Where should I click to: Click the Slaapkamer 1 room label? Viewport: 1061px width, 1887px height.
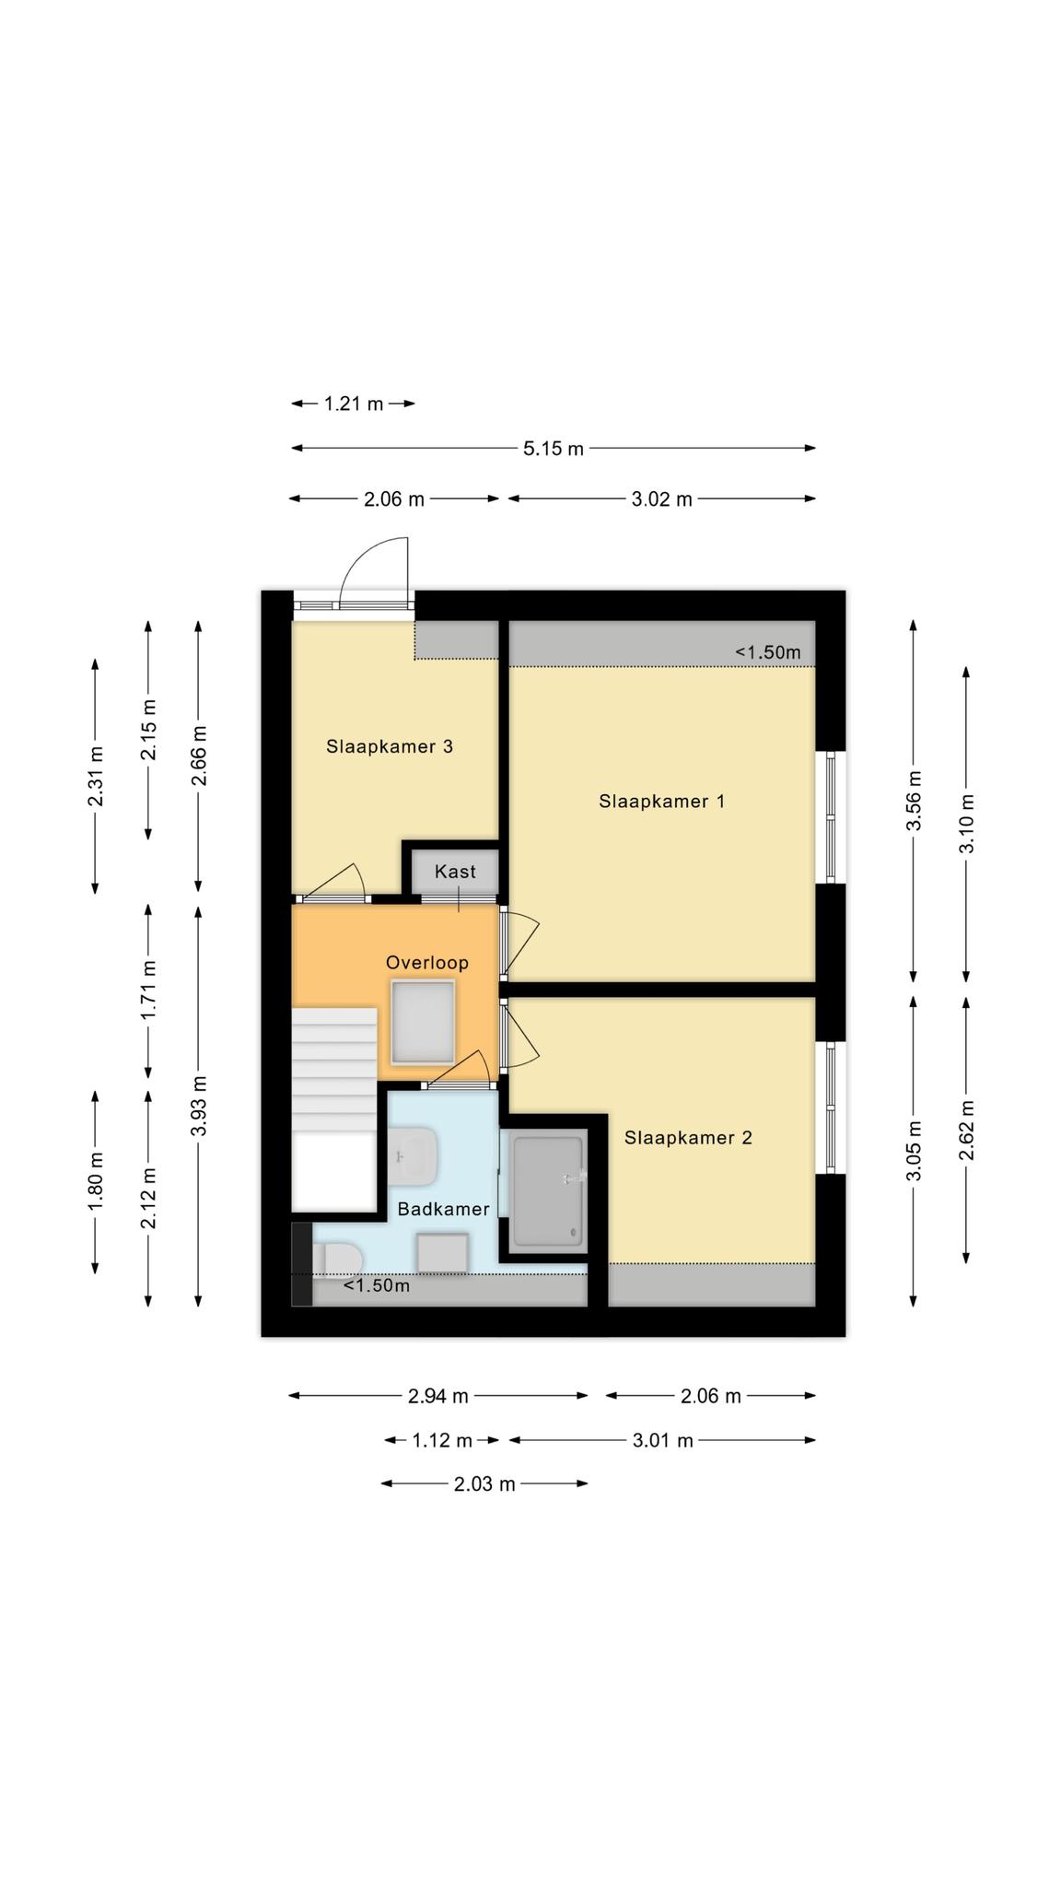(661, 802)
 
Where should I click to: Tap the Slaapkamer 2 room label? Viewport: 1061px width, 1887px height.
(688, 1138)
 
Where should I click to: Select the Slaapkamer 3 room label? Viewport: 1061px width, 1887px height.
(390, 746)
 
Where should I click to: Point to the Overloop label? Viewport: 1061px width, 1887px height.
(427, 963)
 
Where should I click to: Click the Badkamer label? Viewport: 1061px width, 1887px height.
(443, 1209)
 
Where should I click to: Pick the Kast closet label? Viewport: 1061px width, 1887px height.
(456, 872)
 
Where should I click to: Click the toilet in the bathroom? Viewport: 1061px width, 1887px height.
(336, 1259)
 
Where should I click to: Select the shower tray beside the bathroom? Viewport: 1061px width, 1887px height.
(549, 1190)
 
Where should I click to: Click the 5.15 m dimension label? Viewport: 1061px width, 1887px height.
(554, 449)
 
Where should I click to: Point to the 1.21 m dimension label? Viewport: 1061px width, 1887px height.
(354, 404)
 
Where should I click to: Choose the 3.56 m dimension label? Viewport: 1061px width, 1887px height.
(914, 801)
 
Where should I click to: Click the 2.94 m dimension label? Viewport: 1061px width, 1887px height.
(438, 1396)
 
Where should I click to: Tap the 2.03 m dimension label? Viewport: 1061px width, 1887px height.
(484, 1484)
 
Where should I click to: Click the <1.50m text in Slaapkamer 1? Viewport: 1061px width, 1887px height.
(768, 652)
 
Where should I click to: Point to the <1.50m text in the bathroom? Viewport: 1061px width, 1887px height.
(377, 1285)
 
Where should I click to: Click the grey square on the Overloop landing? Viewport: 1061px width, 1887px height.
(423, 1022)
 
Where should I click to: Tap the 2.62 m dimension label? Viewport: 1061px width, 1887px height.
(966, 1130)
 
